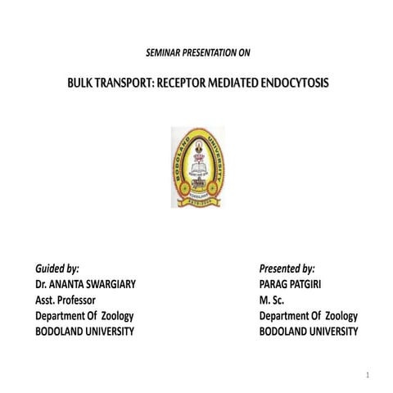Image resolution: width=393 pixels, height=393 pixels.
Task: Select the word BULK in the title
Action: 84,84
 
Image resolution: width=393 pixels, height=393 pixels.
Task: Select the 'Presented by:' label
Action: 287,269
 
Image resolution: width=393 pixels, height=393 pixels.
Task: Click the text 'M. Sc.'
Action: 272,300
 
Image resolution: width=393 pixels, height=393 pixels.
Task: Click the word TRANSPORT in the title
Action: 134,84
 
